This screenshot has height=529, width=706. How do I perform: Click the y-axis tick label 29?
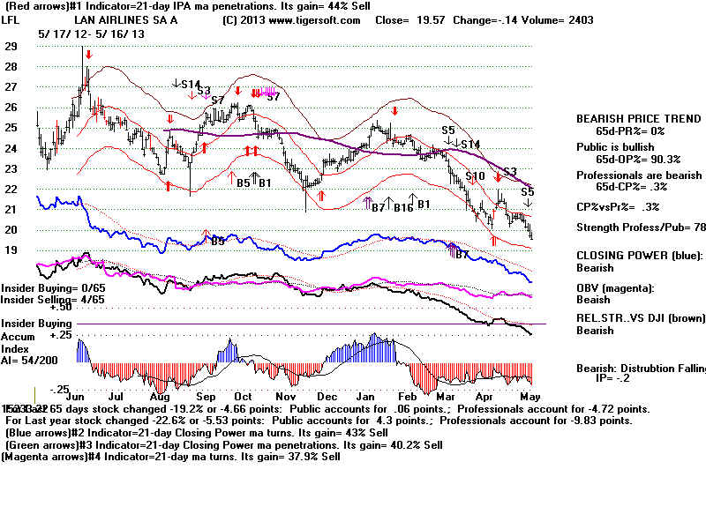[11, 46]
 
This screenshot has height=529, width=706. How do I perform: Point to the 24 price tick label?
[11, 148]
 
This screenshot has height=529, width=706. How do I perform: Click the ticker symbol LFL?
[11, 20]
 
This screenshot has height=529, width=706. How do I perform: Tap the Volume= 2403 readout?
[564, 20]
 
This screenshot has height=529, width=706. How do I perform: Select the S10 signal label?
[476, 176]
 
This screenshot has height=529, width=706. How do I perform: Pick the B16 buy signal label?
[403, 206]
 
